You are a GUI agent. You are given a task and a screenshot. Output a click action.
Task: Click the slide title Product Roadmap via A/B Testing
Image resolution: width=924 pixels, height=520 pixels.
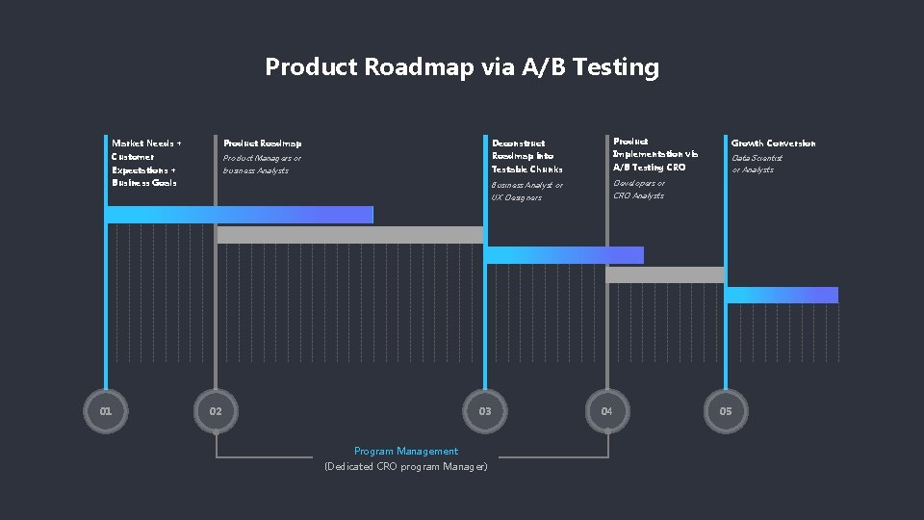(462, 67)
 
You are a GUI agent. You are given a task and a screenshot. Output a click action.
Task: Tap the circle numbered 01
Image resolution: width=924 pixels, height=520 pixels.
(106, 411)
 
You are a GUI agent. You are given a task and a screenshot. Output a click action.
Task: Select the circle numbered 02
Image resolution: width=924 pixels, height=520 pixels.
(216, 411)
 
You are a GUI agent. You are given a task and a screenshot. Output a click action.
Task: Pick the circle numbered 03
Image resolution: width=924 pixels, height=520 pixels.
(485, 411)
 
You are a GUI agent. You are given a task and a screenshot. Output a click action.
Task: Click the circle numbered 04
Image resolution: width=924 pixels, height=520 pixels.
(606, 411)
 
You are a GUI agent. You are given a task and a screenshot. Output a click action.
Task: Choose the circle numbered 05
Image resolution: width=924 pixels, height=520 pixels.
(726, 411)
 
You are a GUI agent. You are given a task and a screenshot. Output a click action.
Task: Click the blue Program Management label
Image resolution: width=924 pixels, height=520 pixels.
(406, 451)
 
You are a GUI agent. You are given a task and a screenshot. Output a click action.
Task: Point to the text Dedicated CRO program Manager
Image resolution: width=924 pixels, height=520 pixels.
(406, 466)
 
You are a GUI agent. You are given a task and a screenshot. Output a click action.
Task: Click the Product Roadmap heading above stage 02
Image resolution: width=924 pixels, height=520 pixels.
(263, 143)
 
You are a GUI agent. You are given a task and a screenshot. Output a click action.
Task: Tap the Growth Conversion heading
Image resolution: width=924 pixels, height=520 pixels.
(773, 143)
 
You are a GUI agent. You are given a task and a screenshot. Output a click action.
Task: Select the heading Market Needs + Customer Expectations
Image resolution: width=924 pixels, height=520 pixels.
(146, 162)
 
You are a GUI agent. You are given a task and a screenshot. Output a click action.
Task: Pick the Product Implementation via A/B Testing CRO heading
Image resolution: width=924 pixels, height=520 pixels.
(655, 154)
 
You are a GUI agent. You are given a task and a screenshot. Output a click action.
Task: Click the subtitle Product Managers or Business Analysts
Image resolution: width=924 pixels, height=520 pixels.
(262, 164)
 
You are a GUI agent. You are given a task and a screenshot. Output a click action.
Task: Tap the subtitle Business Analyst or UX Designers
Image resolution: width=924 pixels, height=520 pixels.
(527, 191)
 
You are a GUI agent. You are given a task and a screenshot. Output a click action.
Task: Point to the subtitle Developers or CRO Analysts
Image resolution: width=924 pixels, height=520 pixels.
(639, 189)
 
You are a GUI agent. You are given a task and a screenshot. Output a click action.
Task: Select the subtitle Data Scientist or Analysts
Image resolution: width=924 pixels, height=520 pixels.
(757, 164)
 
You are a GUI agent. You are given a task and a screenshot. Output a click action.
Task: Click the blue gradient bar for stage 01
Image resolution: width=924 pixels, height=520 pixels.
(240, 215)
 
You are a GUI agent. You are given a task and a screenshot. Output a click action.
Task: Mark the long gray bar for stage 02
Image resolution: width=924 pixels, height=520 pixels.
(350, 235)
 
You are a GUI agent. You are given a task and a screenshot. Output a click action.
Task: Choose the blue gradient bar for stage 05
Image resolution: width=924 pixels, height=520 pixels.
(783, 295)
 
